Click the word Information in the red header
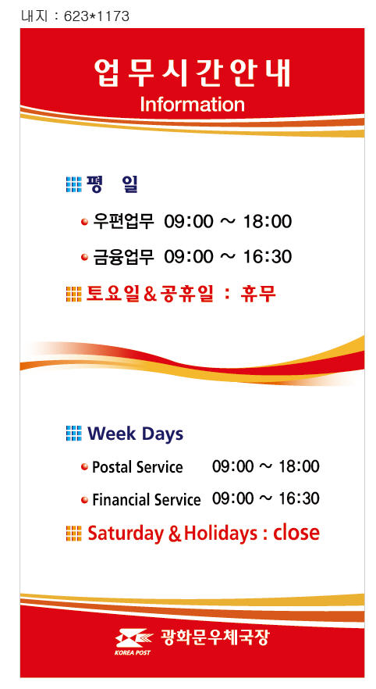[192, 105]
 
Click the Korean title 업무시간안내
[192, 73]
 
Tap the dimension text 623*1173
[97, 16]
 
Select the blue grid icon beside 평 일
[73, 184]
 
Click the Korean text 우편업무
[124, 221]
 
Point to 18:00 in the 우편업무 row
[268, 222]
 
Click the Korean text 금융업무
[124, 256]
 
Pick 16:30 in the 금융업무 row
[268, 257]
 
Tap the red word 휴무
[258, 294]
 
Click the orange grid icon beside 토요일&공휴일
[73, 294]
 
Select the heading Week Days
[135, 434]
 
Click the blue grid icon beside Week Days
[73, 434]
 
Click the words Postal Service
[137, 466]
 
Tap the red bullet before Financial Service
[85, 500]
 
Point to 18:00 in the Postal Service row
[299, 466]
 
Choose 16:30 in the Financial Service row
[299, 498]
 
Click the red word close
[296, 532]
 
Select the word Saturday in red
[126, 534]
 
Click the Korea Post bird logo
[133, 640]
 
